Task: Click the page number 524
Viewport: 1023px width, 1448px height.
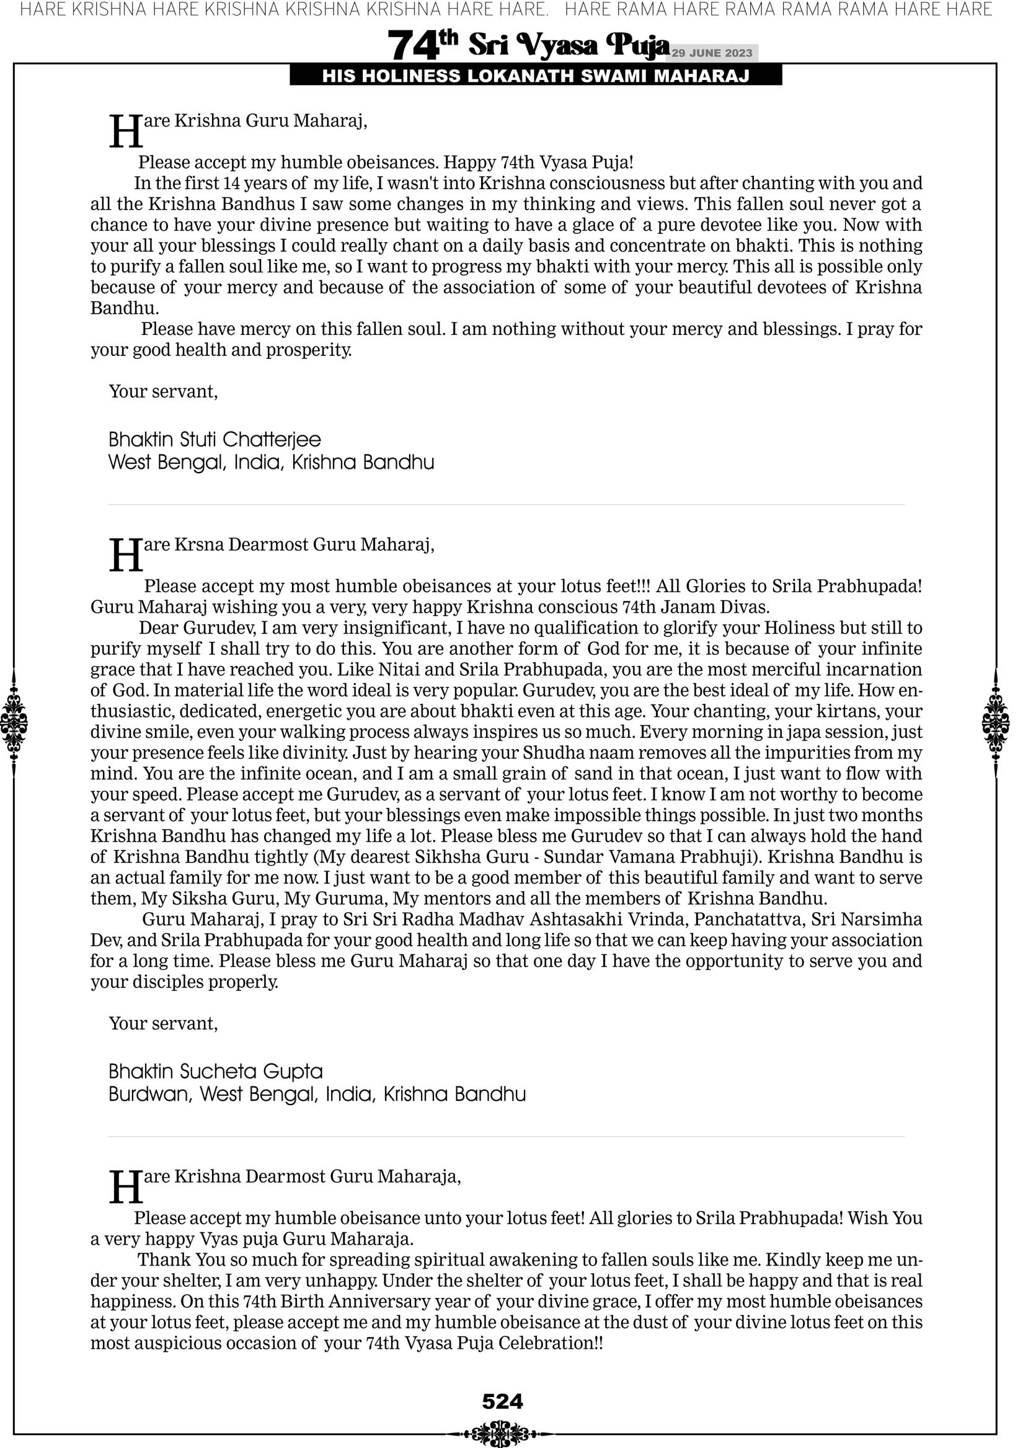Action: (x=503, y=1401)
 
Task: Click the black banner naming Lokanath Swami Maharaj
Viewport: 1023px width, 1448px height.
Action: (x=536, y=76)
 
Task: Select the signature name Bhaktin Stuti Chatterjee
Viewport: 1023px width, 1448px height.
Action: (x=215, y=440)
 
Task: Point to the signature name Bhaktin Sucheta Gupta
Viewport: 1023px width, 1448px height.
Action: (x=216, y=1072)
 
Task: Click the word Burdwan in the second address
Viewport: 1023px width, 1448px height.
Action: (x=149, y=1094)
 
